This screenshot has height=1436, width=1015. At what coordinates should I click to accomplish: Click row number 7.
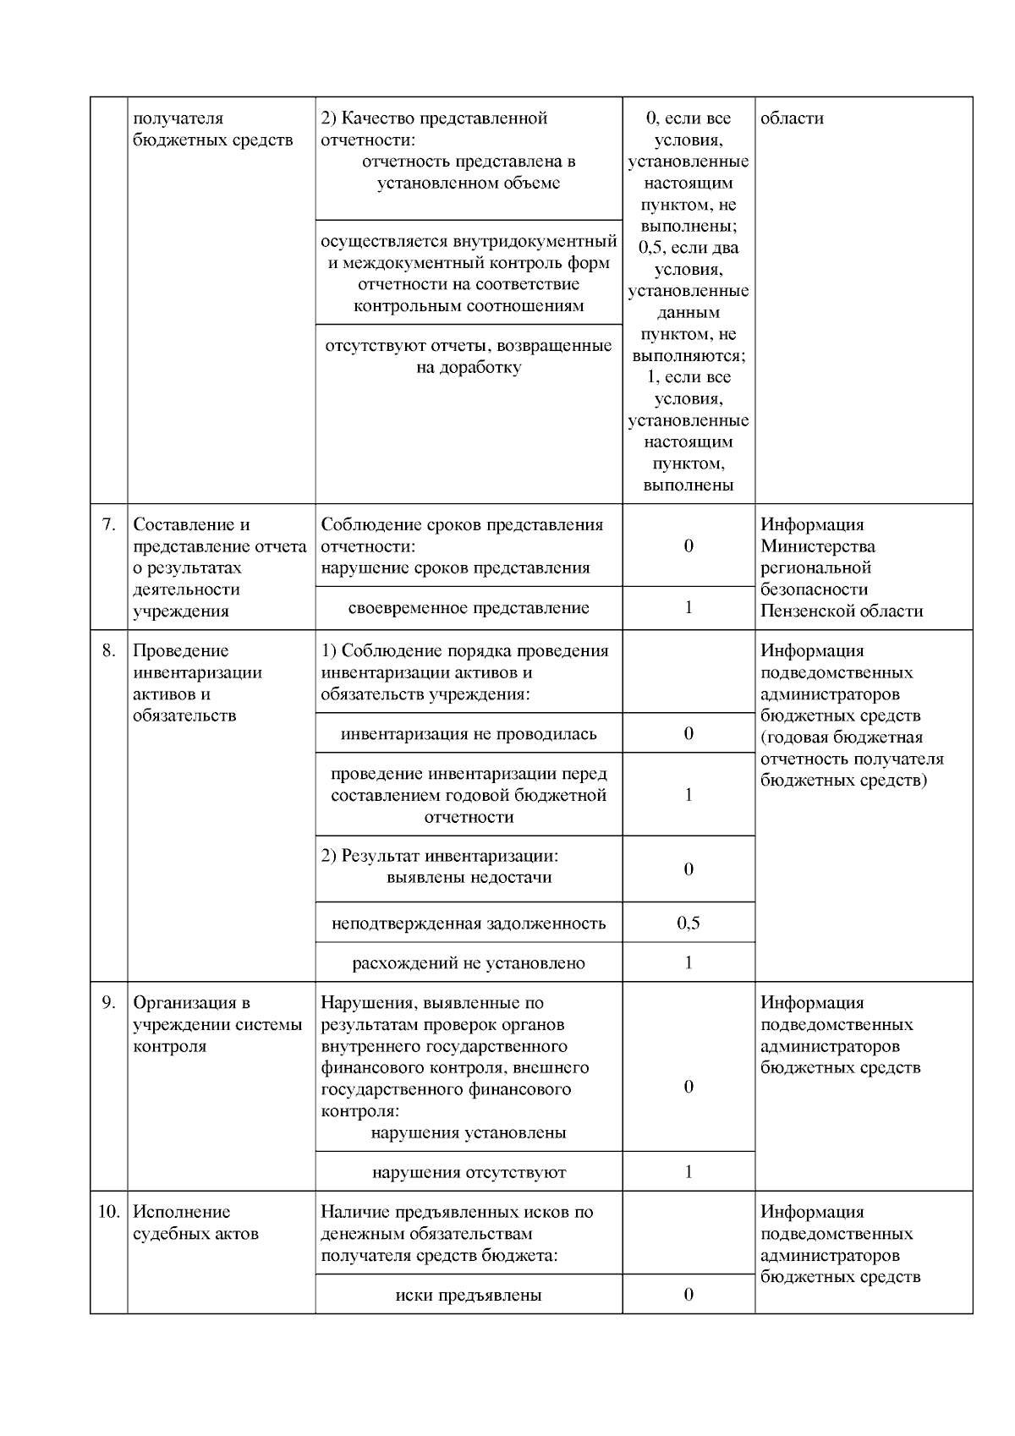coord(108,524)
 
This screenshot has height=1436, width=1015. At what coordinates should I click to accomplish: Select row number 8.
coord(108,651)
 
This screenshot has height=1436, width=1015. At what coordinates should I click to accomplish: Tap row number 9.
coord(108,1003)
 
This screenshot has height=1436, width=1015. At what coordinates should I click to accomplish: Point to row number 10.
coord(108,1212)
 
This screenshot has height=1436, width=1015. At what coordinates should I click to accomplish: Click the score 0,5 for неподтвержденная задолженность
coord(689,923)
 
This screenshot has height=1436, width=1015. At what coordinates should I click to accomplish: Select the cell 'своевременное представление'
coord(469,608)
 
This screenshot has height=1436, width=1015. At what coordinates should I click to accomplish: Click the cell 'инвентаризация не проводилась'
coord(469,733)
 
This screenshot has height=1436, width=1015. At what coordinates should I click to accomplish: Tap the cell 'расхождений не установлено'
coord(469,963)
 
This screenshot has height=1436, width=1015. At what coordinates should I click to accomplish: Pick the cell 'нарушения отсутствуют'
coord(469,1172)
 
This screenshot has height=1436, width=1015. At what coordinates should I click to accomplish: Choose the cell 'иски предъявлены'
coord(469,1295)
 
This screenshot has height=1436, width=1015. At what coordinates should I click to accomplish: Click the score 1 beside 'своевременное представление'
coord(689,607)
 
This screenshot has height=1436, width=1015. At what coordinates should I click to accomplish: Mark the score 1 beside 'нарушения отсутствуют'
coord(689,1171)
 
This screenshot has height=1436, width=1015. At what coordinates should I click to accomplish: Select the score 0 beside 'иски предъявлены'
coord(689,1294)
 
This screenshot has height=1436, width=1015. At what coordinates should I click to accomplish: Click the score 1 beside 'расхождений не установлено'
coord(689,962)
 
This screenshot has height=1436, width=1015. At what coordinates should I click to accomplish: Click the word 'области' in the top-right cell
coord(792,118)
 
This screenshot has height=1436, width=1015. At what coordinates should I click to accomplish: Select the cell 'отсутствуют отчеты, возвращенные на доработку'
coord(469,357)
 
